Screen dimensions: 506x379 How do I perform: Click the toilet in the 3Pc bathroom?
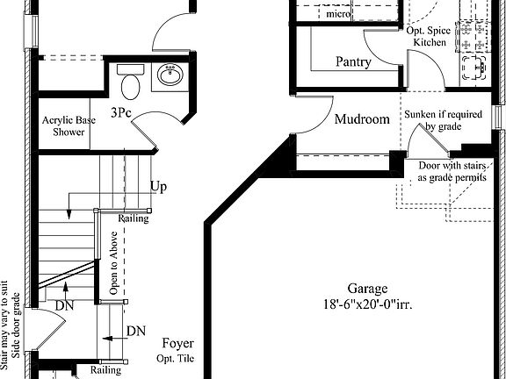pos(131,82)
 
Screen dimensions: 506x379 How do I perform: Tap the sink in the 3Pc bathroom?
pos(170,74)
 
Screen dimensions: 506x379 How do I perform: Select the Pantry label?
pos(353,61)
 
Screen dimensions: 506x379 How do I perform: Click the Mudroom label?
pos(362,119)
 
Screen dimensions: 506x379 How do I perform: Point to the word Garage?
pos(367,289)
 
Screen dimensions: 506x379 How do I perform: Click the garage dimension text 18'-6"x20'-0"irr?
pos(368,304)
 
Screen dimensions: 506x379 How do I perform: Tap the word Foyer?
pos(178,344)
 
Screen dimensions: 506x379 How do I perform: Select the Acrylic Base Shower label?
pos(69,126)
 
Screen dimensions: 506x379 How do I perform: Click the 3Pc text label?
pos(121,112)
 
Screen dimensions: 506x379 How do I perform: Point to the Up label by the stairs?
pos(159,187)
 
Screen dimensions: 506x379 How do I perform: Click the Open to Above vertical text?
pos(113,263)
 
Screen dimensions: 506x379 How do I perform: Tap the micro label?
pos(338,14)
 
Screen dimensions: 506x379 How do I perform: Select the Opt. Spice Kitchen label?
pos(429,37)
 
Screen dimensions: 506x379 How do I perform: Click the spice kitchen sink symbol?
pos(474,68)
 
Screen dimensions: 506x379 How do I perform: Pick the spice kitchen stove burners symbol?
pos(473,36)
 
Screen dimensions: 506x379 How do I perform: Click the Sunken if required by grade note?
pos(444,120)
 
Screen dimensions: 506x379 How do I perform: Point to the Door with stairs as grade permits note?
pos(452,171)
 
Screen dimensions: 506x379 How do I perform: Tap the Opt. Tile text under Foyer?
pos(176,358)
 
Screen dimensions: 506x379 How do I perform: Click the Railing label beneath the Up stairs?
pos(134,218)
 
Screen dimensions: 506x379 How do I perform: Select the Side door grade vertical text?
pos(16,325)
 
